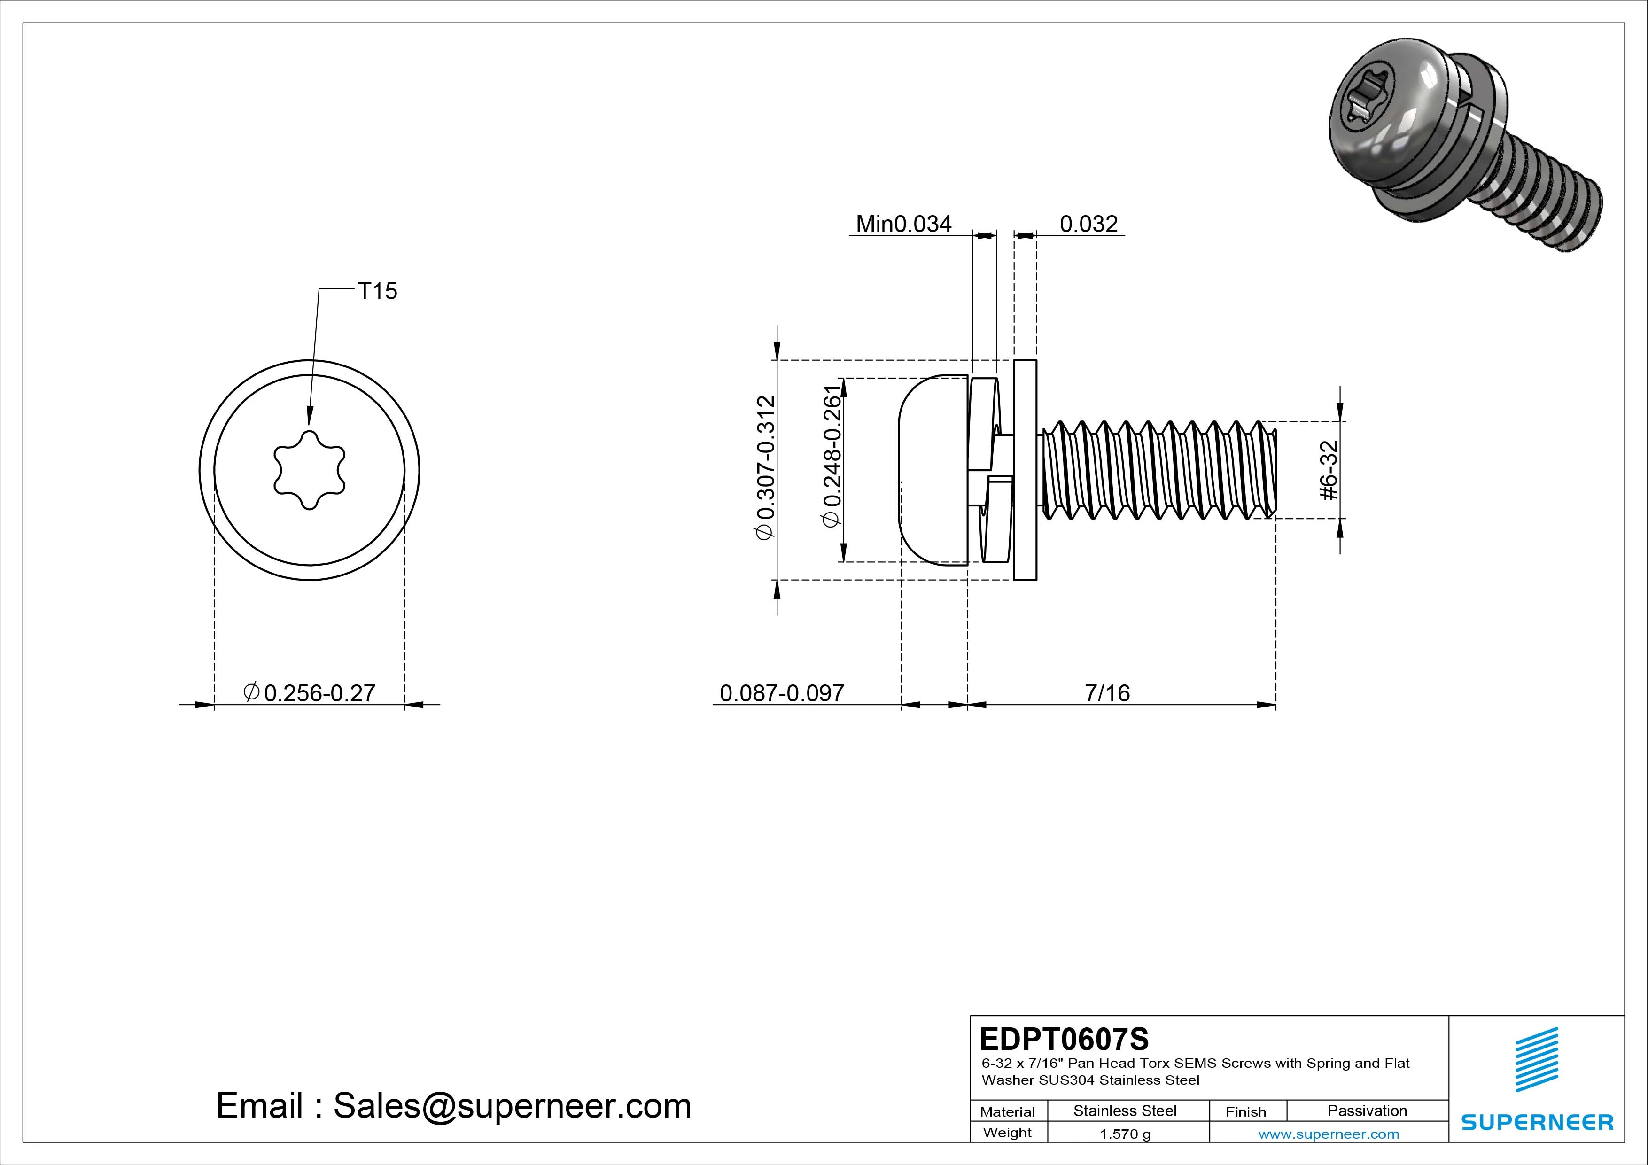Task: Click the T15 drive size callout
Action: (x=377, y=291)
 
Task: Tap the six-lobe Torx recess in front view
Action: (x=310, y=470)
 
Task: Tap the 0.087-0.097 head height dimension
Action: (x=782, y=693)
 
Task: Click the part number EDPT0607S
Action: (x=1064, y=1039)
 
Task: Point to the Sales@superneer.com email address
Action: (x=511, y=1106)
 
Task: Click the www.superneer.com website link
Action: (x=1329, y=1134)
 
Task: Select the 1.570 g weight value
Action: (x=1125, y=1134)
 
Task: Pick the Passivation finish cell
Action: (x=1367, y=1111)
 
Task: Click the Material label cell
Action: (x=1007, y=1112)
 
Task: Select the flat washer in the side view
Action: (x=1025, y=470)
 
